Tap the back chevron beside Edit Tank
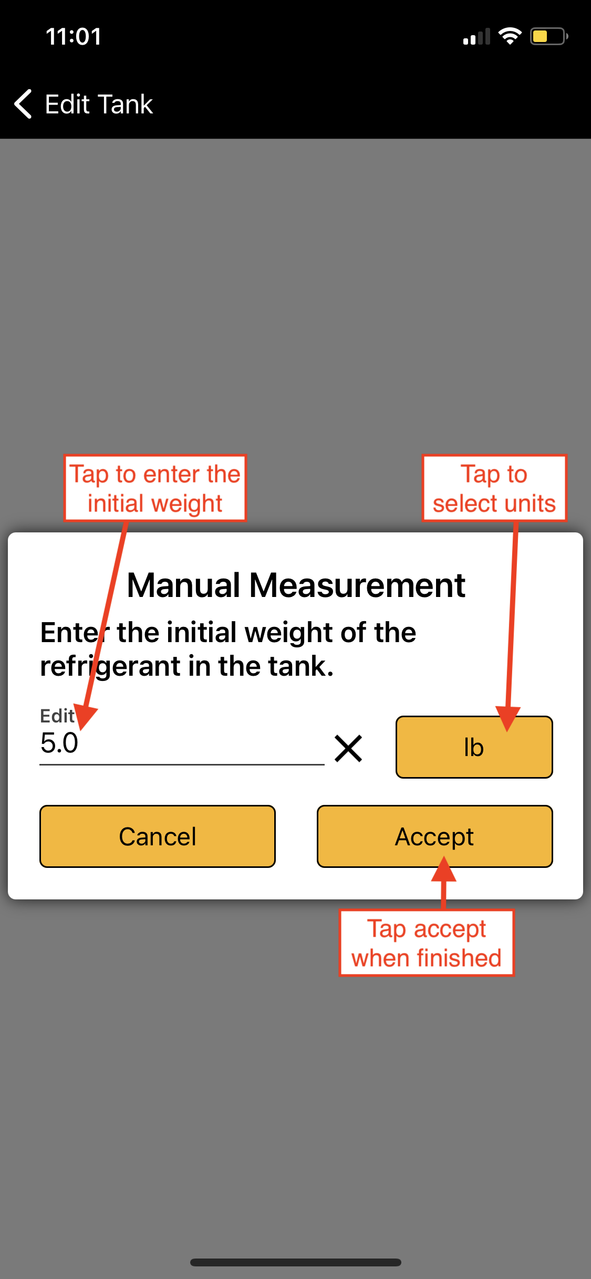[23, 104]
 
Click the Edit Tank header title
[99, 104]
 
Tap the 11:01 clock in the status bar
[74, 36]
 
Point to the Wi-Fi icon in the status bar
[510, 36]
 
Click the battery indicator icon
[549, 36]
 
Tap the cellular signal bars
[476, 37]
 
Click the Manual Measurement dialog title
[296, 585]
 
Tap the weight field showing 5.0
[181, 743]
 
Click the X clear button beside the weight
[348, 748]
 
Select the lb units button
[474, 747]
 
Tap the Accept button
[434, 836]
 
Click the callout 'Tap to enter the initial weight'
[155, 488]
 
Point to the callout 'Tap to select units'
[494, 488]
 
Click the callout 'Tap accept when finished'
[426, 943]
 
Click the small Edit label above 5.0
[57, 716]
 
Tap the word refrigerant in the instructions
[110, 666]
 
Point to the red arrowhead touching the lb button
[507, 718]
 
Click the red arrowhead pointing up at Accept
[444, 869]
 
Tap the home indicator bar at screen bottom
[296, 1262]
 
